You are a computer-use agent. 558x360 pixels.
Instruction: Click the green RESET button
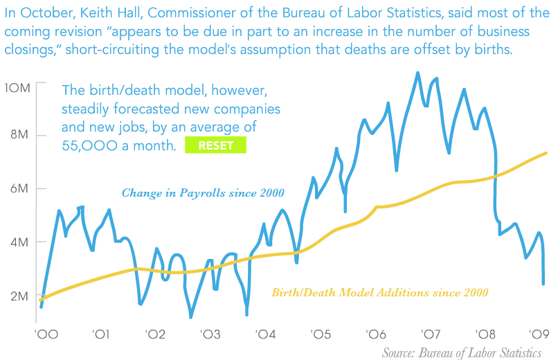point(215,145)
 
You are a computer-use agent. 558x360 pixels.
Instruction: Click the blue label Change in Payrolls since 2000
point(203,193)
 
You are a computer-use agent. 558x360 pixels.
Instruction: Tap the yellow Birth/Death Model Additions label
point(380,293)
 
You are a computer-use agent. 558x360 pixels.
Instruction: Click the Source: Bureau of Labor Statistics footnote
point(461,352)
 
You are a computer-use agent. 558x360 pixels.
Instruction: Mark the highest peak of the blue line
point(417,73)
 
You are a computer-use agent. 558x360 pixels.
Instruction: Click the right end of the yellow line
point(547,153)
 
